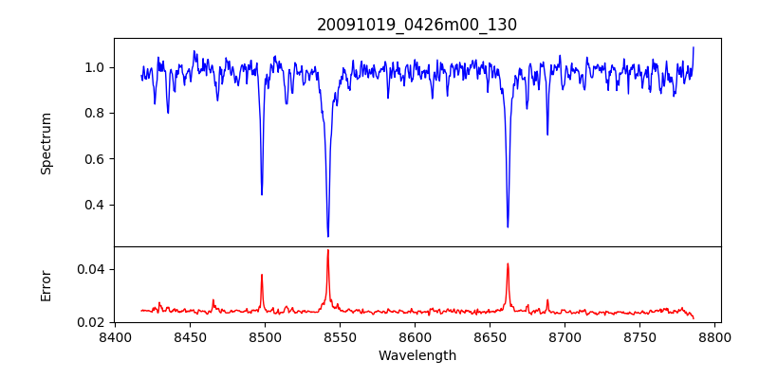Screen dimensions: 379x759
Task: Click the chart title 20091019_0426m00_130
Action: coord(417,25)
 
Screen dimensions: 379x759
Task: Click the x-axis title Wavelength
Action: coord(417,356)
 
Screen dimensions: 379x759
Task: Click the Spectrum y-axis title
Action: coord(46,143)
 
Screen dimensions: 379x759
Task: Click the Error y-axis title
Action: coord(46,285)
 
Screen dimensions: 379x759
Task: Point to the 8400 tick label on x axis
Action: coord(115,336)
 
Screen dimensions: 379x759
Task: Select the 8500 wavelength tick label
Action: coord(265,336)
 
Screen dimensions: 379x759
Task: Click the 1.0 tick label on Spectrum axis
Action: coord(95,67)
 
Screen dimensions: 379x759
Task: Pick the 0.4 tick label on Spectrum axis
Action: coord(95,205)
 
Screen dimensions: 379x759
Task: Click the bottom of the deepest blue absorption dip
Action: coord(328,236)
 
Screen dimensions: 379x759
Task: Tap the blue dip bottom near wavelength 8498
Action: coord(262,194)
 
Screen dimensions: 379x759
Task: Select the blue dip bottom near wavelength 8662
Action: coord(508,226)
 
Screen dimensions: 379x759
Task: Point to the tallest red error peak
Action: coord(328,250)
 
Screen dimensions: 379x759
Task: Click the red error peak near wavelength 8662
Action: coord(508,263)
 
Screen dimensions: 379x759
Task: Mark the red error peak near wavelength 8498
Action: coord(262,275)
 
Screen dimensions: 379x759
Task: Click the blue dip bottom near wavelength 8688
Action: coord(547,134)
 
